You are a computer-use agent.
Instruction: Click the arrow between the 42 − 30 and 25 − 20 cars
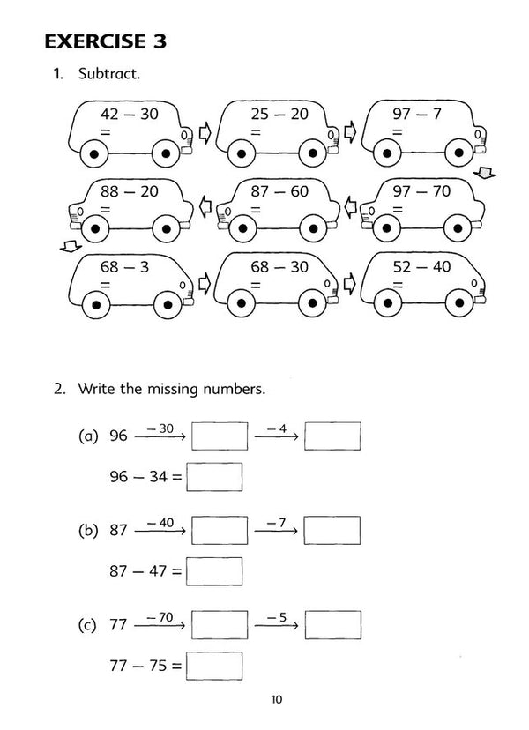(x=205, y=134)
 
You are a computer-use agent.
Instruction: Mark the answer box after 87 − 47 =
(x=214, y=571)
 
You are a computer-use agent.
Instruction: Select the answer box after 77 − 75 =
(x=214, y=666)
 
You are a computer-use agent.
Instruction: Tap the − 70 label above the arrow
(x=160, y=616)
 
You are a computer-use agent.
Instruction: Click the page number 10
(x=276, y=701)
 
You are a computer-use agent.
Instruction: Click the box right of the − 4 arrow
(x=332, y=436)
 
